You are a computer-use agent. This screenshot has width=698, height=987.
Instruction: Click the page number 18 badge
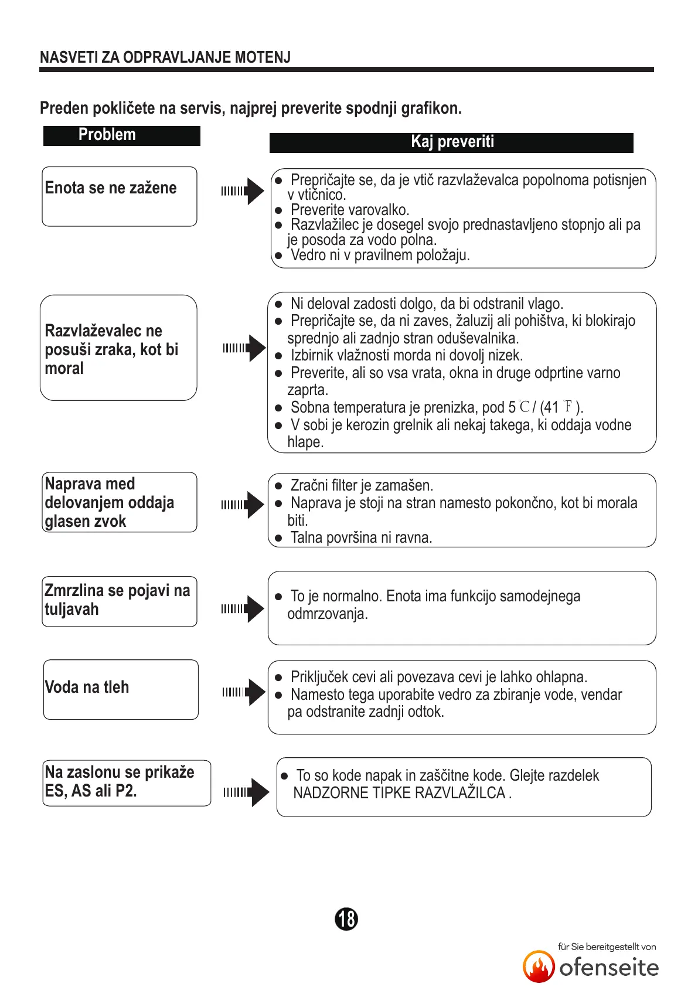[x=346, y=918]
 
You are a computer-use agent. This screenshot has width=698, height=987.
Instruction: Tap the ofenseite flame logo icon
[x=538, y=966]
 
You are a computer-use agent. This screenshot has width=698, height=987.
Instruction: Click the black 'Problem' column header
[x=121, y=135]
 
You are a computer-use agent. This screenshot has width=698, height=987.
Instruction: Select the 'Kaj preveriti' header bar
[x=451, y=142]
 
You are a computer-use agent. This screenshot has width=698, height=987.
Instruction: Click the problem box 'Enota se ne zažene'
[x=119, y=196]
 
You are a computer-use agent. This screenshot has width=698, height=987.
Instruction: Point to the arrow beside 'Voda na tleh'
[x=243, y=692]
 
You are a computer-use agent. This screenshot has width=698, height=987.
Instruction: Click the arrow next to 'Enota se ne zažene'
[x=243, y=191]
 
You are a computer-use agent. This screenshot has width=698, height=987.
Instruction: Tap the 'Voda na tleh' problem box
[x=120, y=689]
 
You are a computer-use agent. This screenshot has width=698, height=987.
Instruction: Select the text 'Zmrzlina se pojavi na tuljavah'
[x=117, y=600]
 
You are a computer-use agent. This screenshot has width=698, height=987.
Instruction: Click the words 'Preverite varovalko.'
[x=349, y=210]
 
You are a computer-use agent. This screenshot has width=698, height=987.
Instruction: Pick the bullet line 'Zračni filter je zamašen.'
[x=362, y=486]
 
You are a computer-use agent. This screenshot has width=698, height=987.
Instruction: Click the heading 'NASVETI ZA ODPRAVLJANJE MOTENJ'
[x=165, y=57]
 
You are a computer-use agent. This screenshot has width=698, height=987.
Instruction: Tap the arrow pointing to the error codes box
[x=246, y=792]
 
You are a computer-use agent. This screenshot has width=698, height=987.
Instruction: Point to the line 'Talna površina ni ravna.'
[x=361, y=538]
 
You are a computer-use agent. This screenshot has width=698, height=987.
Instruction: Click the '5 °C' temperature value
[x=519, y=407]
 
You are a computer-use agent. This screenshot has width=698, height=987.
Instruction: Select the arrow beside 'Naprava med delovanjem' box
[x=243, y=505]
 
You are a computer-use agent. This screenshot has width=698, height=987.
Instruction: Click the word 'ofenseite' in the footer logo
[x=608, y=968]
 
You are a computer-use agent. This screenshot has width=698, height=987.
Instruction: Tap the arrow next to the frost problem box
[x=243, y=609]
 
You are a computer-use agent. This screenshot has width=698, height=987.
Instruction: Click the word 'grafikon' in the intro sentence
[x=431, y=108]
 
